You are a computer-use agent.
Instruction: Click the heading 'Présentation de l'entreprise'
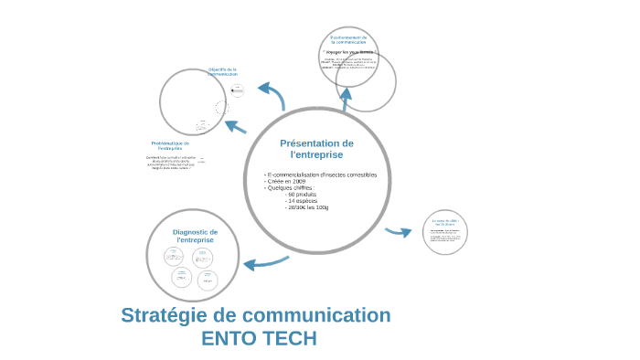[x=315, y=149]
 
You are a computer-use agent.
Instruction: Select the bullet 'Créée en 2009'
[x=286, y=182]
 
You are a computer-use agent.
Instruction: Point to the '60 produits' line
[x=301, y=195]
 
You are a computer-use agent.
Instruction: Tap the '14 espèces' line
[x=301, y=201]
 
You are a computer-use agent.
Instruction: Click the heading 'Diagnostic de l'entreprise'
[x=195, y=236]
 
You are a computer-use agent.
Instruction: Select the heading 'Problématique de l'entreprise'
[x=169, y=145]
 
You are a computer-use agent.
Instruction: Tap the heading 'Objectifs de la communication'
[x=222, y=71]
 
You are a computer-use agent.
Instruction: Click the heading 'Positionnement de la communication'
[x=348, y=39]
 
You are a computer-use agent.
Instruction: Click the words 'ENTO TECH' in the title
[x=259, y=338]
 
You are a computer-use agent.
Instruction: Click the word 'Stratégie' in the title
[x=165, y=316]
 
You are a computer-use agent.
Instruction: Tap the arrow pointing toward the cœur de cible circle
[x=399, y=232]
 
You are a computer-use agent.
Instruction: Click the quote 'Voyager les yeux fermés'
[x=348, y=52]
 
